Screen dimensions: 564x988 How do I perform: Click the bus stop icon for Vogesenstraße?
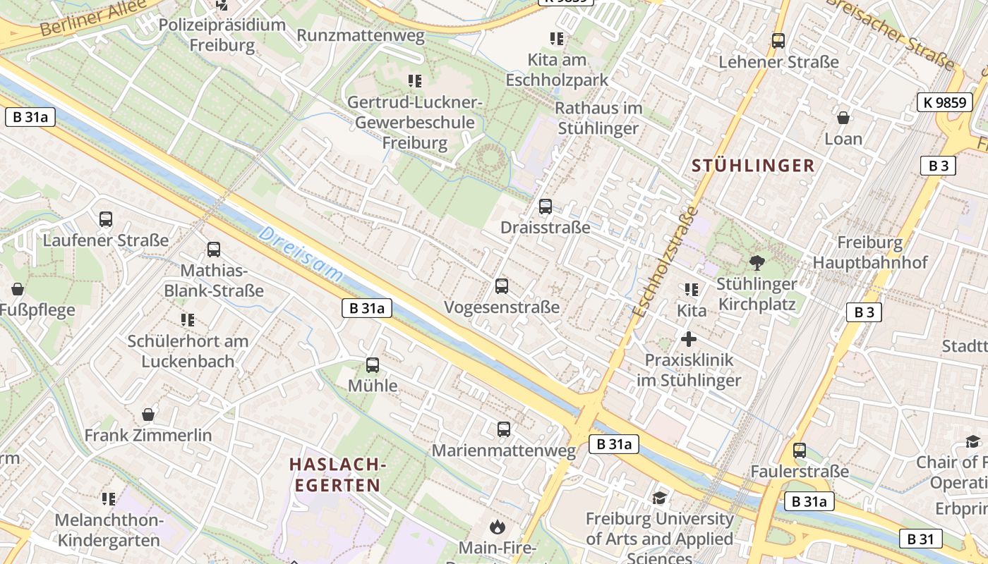point(502,286)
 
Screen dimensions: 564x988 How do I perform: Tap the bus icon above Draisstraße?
point(545,207)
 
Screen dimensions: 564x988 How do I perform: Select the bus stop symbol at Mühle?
point(372,365)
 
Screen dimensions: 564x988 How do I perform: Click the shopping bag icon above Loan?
point(843,117)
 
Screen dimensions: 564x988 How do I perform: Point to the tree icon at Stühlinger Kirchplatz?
point(757,263)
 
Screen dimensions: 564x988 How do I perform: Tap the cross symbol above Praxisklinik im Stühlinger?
point(689,340)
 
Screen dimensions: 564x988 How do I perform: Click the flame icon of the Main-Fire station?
point(498,527)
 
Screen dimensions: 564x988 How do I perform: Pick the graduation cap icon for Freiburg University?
point(660,498)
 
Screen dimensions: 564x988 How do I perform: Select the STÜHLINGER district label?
point(753,166)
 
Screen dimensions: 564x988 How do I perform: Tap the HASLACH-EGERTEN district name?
point(337,474)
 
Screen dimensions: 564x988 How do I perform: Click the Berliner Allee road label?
point(92,19)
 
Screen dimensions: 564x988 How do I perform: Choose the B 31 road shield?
point(921,539)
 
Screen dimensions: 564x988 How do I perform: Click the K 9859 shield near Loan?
point(944,102)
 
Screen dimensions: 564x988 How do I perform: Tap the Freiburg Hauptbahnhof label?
point(869,252)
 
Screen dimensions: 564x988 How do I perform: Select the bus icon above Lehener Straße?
point(778,41)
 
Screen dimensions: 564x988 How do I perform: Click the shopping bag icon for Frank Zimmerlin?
point(148,415)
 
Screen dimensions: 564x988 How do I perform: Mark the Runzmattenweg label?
point(361,36)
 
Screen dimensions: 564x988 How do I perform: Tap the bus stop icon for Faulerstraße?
point(799,450)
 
